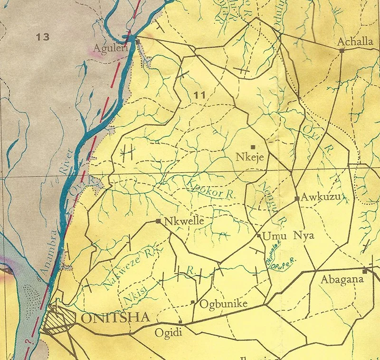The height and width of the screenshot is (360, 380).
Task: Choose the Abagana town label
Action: click(x=342, y=279)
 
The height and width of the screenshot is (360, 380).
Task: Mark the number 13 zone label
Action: click(x=42, y=37)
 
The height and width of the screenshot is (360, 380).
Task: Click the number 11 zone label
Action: click(x=200, y=95)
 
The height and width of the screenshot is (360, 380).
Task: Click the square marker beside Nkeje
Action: click(x=253, y=146)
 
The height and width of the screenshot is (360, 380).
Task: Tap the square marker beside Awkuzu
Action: click(x=297, y=199)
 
